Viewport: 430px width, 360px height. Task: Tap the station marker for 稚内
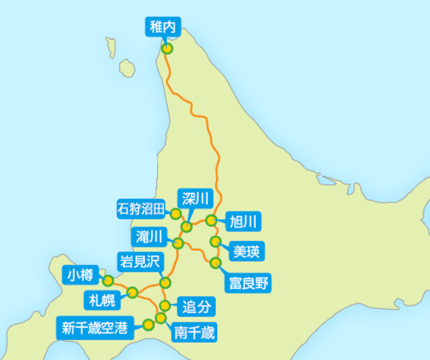[168, 48]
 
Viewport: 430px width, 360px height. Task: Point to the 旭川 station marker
[211, 220]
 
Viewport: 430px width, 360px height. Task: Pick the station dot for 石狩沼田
[176, 214]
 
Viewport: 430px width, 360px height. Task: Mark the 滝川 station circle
[179, 243]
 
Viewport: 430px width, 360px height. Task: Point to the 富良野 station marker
[216, 263]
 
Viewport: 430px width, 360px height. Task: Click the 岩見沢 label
[139, 263]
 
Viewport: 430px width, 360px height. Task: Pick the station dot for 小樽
[108, 280]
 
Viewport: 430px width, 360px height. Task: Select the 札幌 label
[100, 300]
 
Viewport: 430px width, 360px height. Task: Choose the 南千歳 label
[194, 333]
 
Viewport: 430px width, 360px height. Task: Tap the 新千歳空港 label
[95, 328]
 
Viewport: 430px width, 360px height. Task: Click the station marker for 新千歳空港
[148, 324]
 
